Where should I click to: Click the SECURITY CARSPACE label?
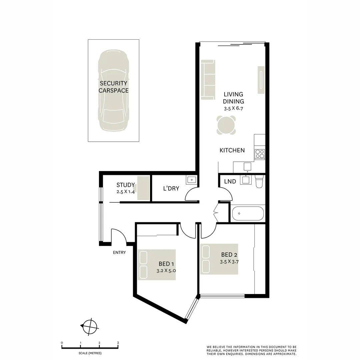click(x=113, y=87)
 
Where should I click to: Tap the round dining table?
click(x=226, y=125)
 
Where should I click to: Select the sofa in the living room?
click(x=208, y=79)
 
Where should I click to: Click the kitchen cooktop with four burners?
click(x=260, y=154)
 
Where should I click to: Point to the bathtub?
click(x=248, y=214)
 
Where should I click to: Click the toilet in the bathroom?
click(x=259, y=182)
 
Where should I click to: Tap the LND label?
click(x=230, y=182)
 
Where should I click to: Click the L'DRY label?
click(x=171, y=189)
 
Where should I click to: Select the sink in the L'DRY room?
click(x=192, y=180)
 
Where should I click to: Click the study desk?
click(x=144, y=188)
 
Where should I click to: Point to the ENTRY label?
click(x=119, y=253)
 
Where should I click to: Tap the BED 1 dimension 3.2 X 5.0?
click(x=166, y=271)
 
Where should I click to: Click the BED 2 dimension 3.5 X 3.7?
click(x=229, y=262)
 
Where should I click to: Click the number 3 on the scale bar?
click(x=118, y=343)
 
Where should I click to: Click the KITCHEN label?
click(x=232, y=150)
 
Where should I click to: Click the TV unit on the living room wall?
click(x=261, y=80)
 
